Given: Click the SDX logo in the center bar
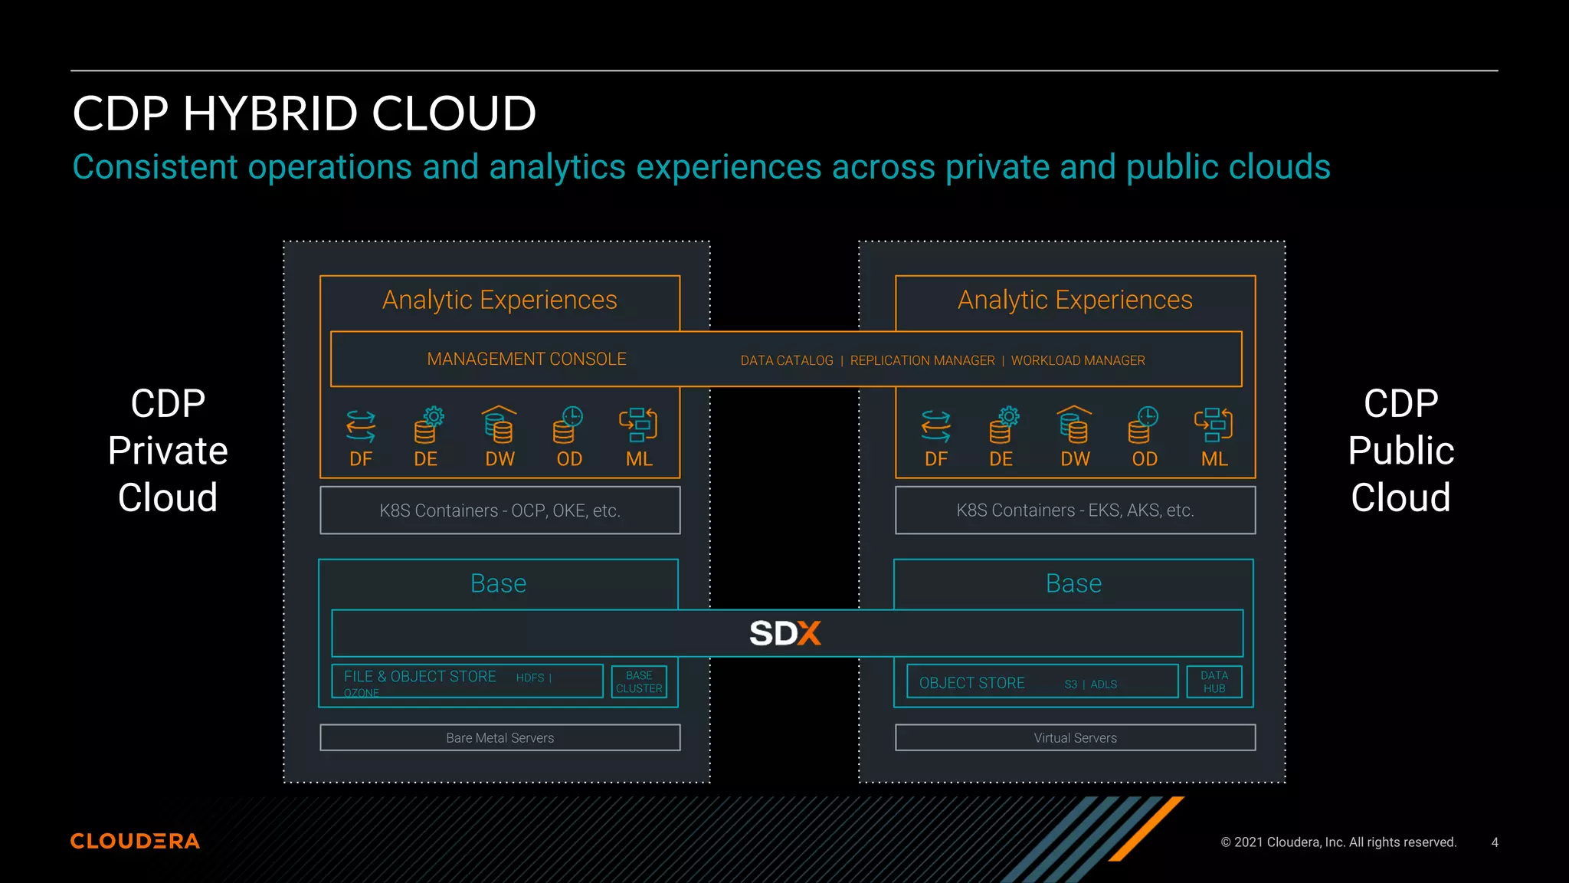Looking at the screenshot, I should (785, 633).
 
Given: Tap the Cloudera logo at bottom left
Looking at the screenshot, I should (135, 841).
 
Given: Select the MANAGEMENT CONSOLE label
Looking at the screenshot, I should (526, 359).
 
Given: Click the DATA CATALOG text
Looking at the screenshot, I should (786, 360).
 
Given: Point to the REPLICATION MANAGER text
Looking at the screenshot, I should (922, 360).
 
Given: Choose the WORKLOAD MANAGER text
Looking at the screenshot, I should (1078, 360).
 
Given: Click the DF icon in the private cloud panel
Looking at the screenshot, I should (361, 425).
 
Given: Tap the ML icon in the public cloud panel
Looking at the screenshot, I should (1214, 425).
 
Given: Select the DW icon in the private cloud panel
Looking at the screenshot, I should (499, 425).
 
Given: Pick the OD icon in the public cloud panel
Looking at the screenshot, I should (1144, 425).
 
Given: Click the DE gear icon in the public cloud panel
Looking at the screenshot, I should (1004, 425).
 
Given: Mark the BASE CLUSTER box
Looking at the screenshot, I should (639, 681).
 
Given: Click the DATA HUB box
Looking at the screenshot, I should (1214, 681).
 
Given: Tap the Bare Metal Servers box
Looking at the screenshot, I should (500, 737).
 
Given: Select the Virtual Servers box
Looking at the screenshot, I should (1075, 737).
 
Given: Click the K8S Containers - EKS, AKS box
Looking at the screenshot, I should (1075, 510).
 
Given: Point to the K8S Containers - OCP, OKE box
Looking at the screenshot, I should (500, 510).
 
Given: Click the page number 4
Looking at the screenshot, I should (1495, 842).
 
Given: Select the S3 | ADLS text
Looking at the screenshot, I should (1090, 684).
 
